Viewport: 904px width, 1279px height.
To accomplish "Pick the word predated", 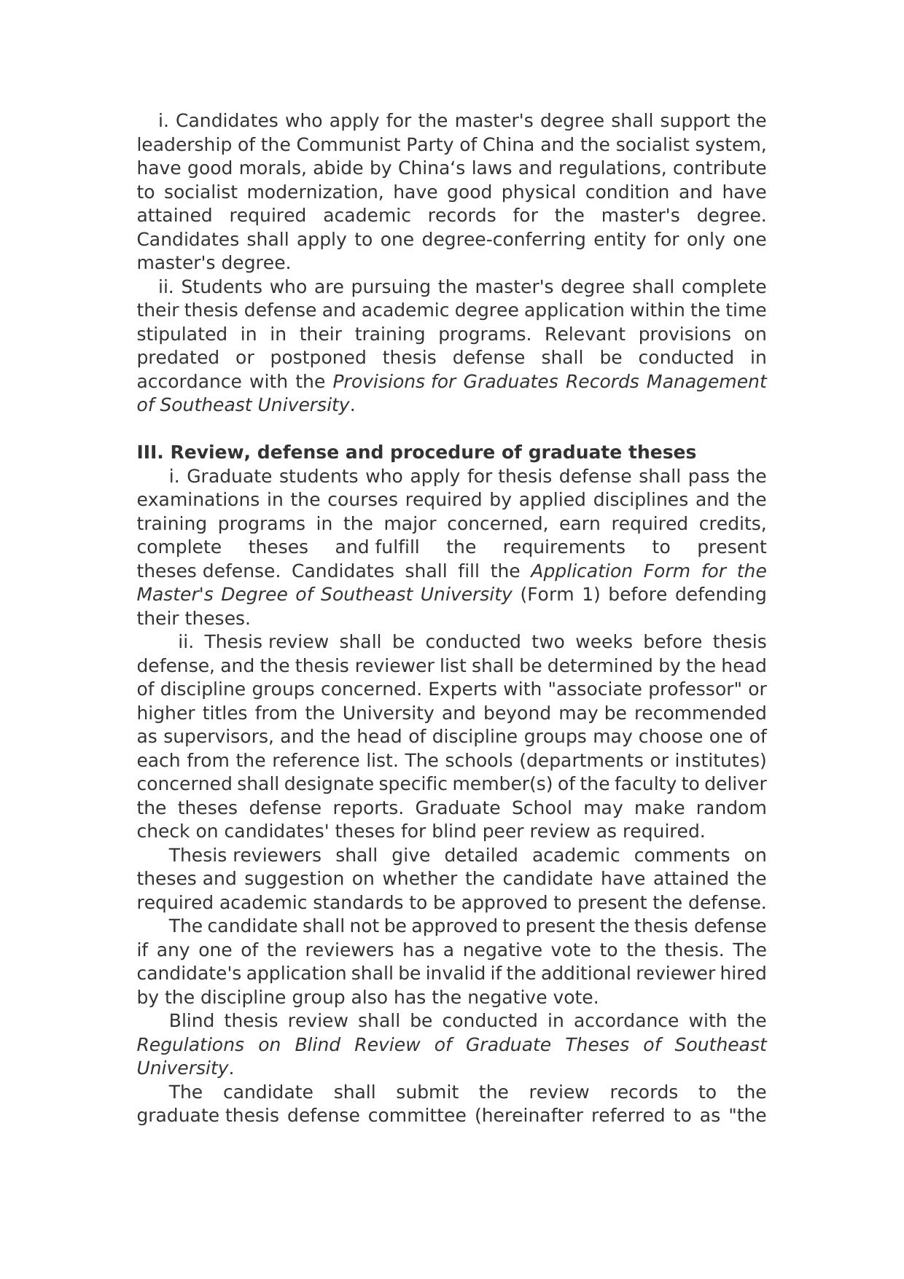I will pyautogui.click(x=178, y=358).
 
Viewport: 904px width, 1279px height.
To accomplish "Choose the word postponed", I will pyautogui.click(x=318, y=358).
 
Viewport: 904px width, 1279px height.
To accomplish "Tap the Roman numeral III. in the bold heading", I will pyautogui.click(x=150, y=453).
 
